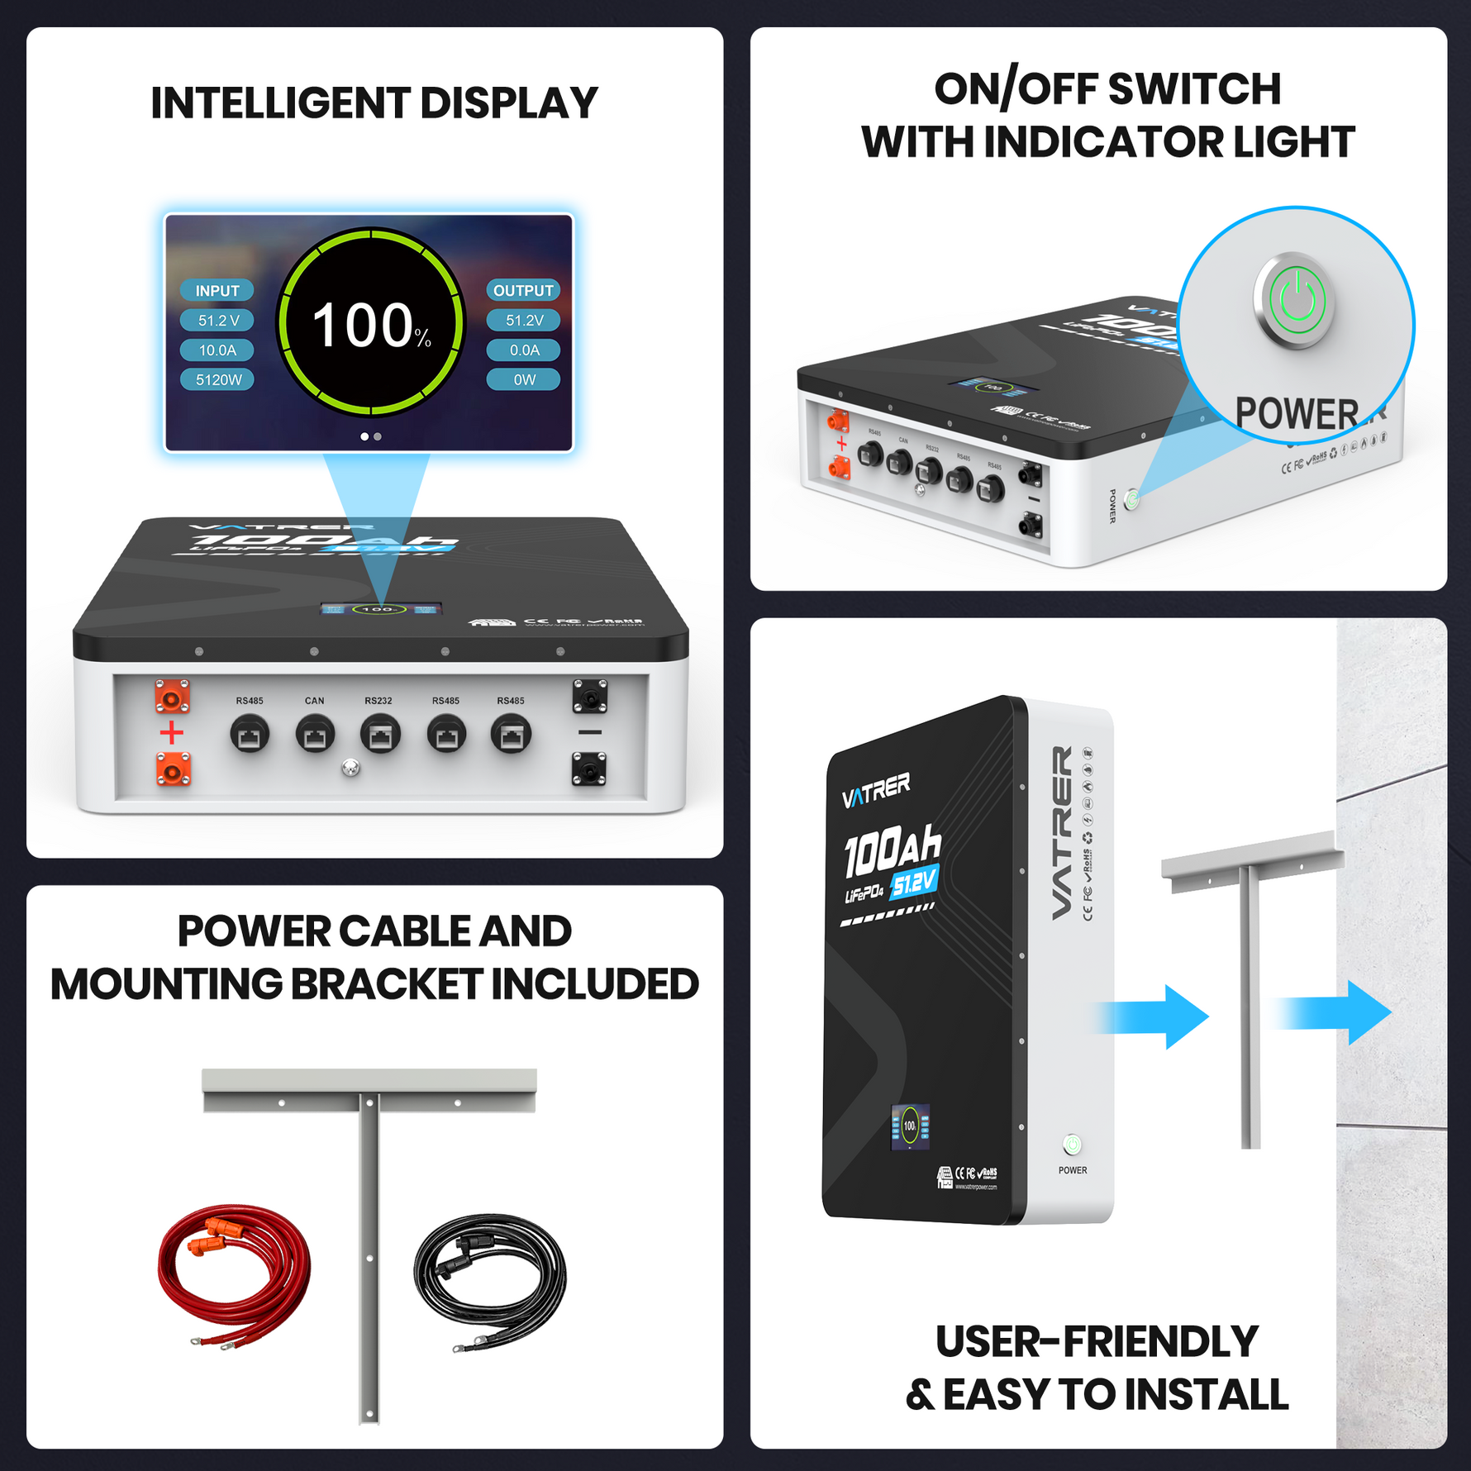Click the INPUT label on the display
click(x=217, y=291)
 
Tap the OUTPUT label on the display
click(x=523, y=291)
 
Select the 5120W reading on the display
click(x=218, y=380)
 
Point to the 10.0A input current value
click(x=217, y=350)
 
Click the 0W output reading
click(x=524, y=380)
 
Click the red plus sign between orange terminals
click(x=172, y=733)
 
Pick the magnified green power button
click(x=1297, y=301)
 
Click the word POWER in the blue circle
click(x=1297, y=414)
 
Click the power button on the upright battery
click(x=1072, y=1145)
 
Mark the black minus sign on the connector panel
click(x=590, y=733)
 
